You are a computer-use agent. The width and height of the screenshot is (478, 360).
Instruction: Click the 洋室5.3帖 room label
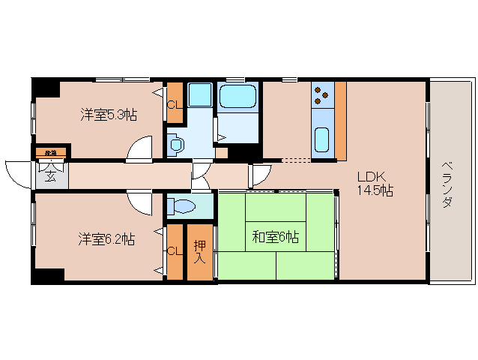tap(109, 115)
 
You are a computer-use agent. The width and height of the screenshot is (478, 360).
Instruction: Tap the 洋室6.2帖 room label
tap(108, 239)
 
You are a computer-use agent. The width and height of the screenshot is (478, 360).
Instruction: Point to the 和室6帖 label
tap(275, 237)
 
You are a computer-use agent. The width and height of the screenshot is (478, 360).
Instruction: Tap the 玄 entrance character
tap(49, 177)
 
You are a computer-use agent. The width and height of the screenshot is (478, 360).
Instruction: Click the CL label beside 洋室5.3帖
tap(174, 104)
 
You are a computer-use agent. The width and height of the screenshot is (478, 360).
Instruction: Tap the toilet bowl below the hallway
tap(183, 205)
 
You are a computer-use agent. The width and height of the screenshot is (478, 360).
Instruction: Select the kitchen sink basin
tap(322, 139)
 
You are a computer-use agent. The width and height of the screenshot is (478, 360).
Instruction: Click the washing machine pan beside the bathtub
tap(199, 95)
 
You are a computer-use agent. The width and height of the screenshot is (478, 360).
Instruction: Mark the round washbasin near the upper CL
tap(177, 143)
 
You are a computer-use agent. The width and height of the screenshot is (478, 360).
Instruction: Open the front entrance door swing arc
tap(18, 174)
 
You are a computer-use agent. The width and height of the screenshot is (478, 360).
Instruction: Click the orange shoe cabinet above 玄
tap(51, 153)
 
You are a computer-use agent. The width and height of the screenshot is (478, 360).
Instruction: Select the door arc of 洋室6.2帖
tap(140, 201)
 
